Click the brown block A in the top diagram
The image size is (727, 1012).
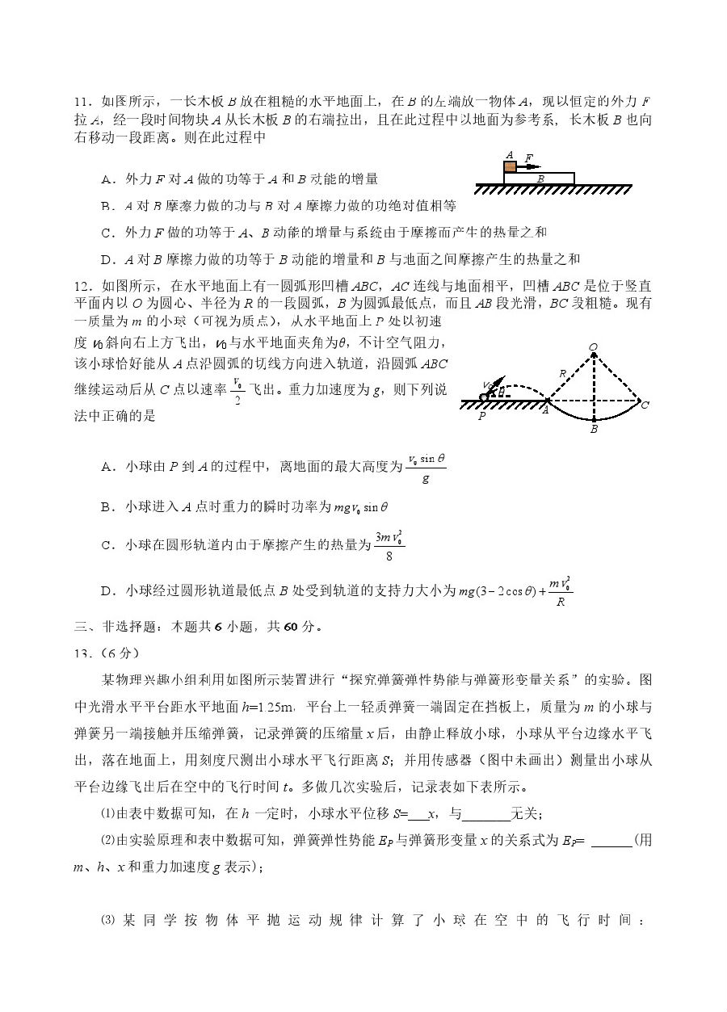point(510,166)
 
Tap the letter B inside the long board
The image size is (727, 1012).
point(540,177)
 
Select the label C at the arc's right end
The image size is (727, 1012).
point(645,405)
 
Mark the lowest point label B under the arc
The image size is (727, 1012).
point(594,430)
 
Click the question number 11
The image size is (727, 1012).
point(82,102)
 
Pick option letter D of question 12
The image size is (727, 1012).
point(106,593)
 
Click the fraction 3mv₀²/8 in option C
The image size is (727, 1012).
point(388,545)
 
